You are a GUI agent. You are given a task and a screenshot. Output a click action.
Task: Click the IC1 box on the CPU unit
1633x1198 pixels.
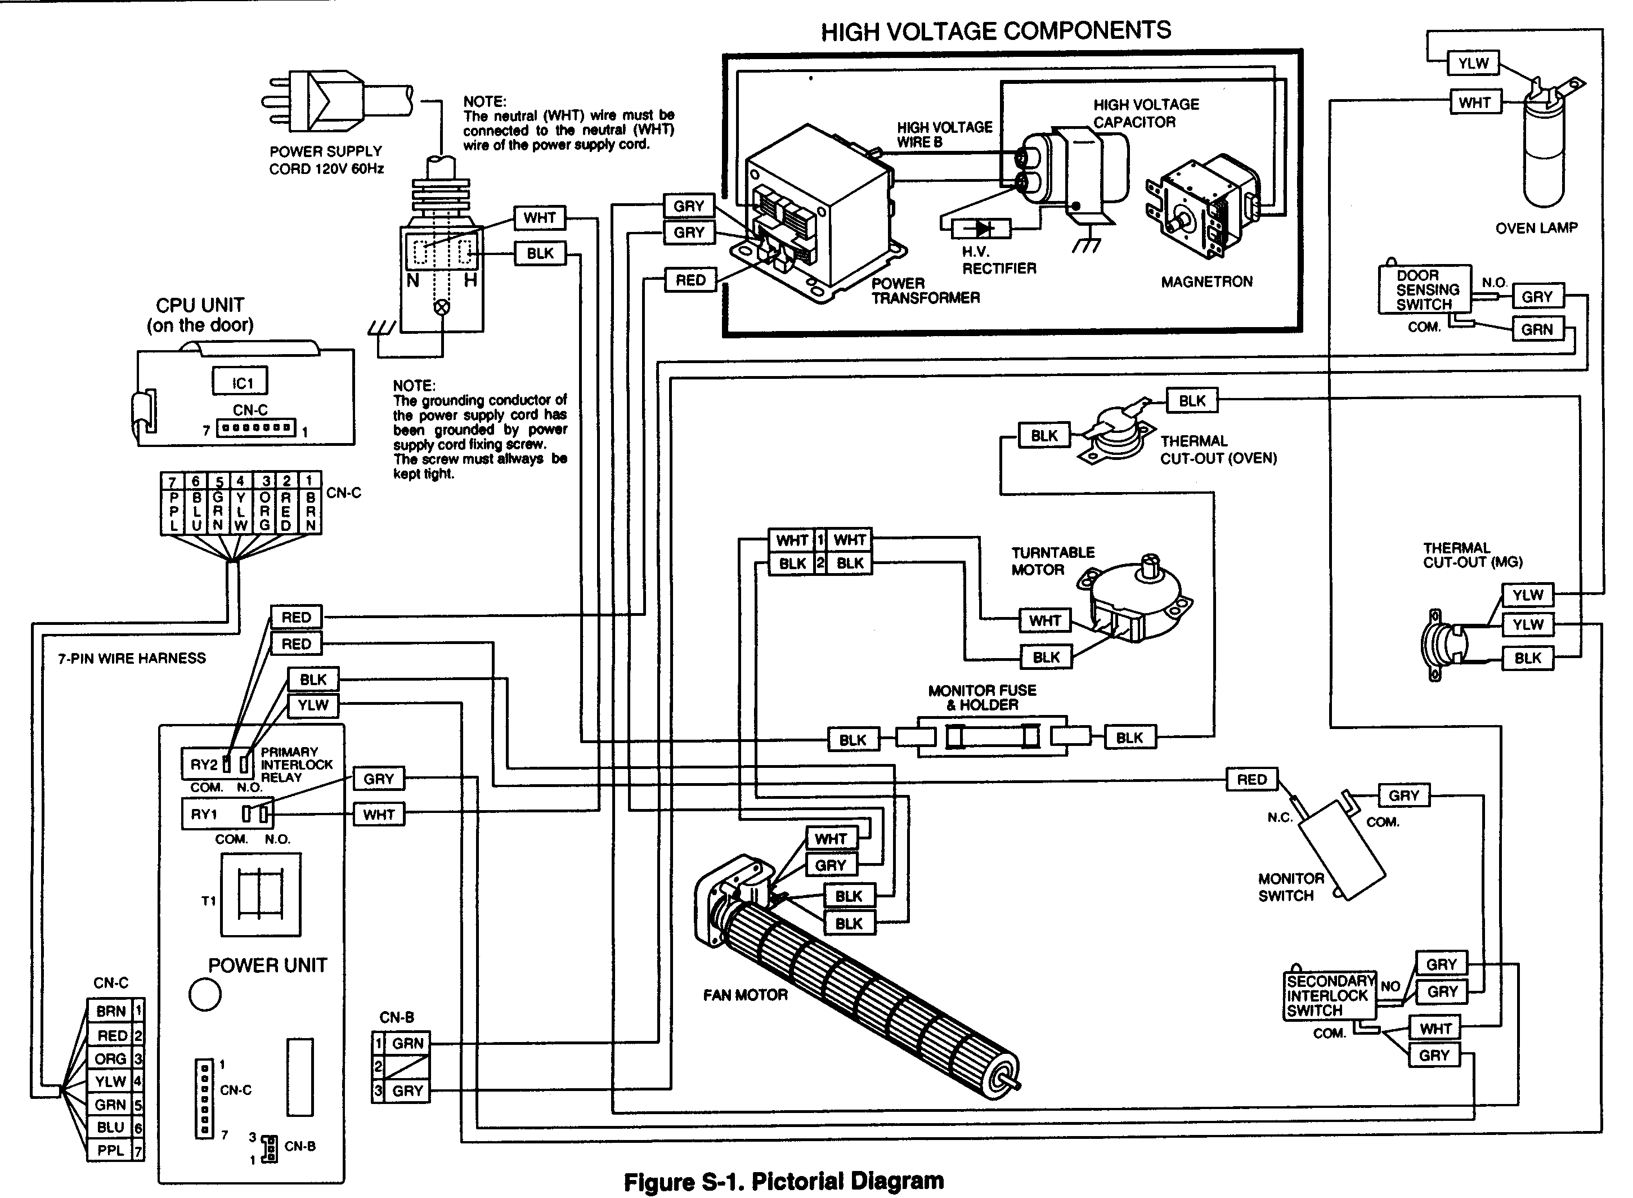click(x=240, y=382)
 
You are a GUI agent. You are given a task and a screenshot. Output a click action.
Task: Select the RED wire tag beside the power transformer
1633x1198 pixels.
click(x=690, y=280)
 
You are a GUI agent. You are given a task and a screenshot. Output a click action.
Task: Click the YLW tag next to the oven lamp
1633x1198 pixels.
click(x=1473, y=63)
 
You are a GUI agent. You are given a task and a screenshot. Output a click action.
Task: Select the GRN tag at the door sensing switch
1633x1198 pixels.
click(x=1537, y=329)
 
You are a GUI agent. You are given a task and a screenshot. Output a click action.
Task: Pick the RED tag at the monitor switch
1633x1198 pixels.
click(x=1251, y=780)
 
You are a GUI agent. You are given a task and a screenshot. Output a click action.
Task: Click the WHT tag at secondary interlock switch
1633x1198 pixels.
click(x=1435, y=1029)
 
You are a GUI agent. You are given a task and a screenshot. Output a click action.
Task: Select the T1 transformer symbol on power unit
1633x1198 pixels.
click(x=261, y=894)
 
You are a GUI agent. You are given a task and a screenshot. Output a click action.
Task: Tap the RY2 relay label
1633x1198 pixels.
click(x=204, y=765)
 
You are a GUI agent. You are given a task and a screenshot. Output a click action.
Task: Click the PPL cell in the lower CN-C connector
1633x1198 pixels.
click(x=110, y=1150)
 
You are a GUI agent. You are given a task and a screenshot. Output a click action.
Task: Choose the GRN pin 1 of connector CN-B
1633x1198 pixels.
click(x=407, y=1044)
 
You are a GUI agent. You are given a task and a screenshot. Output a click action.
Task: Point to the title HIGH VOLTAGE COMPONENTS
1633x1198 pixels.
click(x=995, y=30)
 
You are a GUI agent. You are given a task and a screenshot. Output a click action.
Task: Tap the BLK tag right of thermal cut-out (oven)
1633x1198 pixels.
click(x=1192, y=401)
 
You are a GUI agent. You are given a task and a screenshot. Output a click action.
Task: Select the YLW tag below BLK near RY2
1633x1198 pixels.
click(x=313, y=705)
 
